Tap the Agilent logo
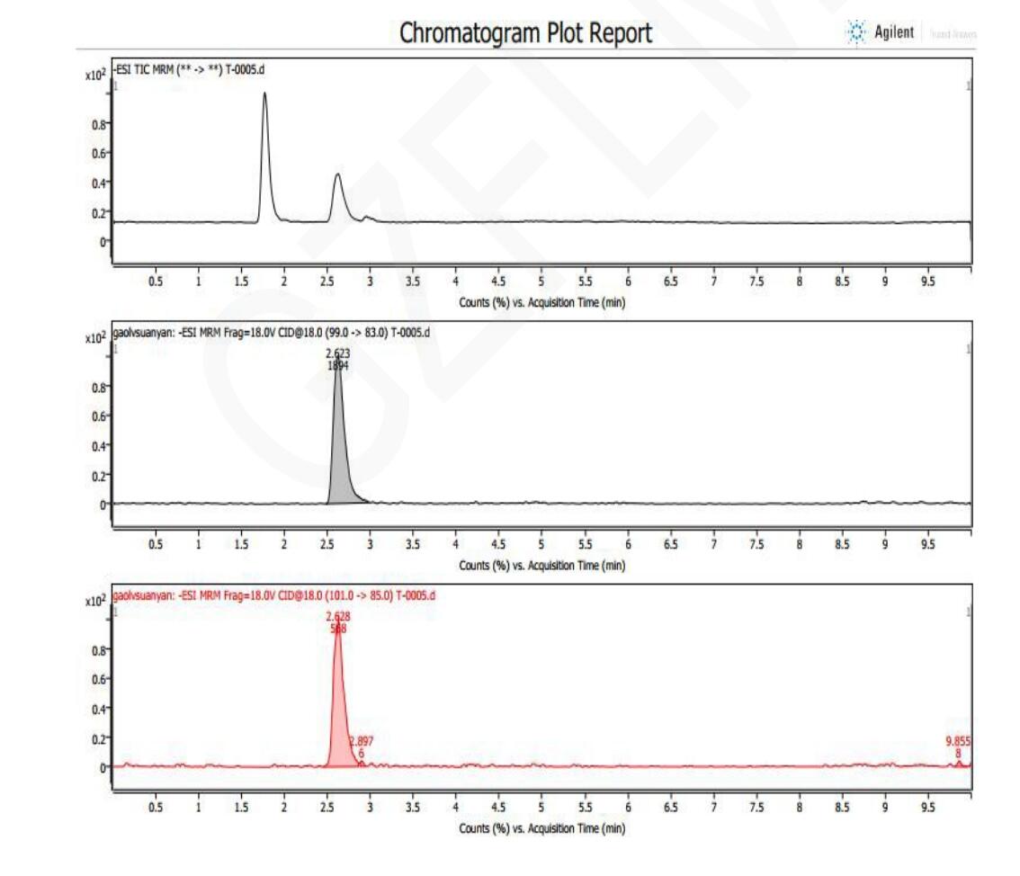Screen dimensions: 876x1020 (881, 32)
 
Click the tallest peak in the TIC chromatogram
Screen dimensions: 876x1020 (264, 99)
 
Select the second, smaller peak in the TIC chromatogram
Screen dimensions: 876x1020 (337, 180)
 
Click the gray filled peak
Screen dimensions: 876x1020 (339, 450)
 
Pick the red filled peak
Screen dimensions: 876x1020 (339, 711)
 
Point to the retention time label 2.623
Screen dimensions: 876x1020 (338, 354)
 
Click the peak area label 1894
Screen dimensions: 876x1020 (338, 366)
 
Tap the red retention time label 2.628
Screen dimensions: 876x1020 (338, 617)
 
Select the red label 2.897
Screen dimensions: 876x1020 (362, 742)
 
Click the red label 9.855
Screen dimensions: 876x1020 (958, 742)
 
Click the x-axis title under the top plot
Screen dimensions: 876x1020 (541, 302)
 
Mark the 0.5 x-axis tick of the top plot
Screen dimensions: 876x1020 (156, 282)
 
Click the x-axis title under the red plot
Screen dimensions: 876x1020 (541, 828)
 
